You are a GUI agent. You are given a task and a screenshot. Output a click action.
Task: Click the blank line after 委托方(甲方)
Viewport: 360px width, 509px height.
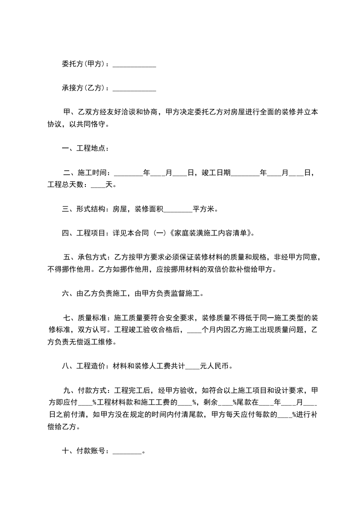click(x=134, y=64)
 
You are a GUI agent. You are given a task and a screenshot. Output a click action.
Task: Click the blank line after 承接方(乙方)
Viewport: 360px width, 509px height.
click(x=134, y=88)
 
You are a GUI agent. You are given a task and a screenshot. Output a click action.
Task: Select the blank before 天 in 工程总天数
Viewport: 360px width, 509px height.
click(x=98, y=185)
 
